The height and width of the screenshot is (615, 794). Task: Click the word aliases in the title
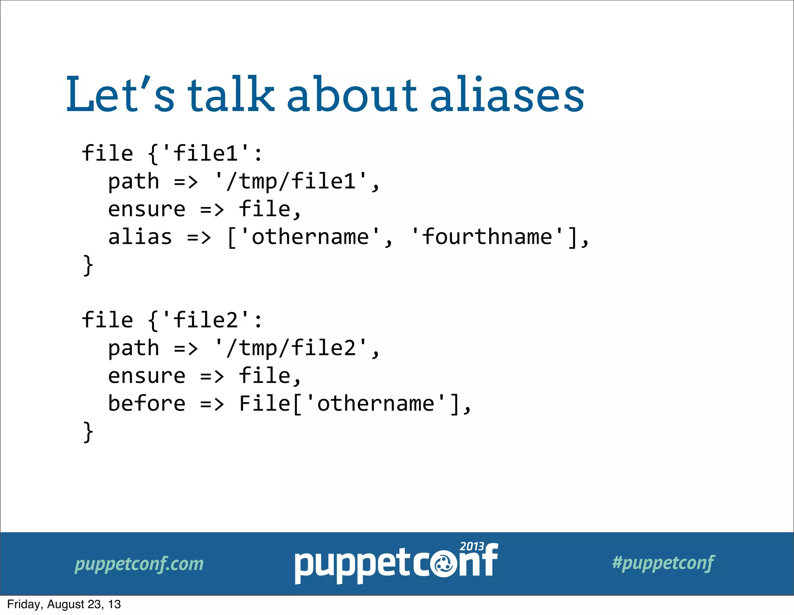507,95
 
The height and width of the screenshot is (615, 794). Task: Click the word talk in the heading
231,94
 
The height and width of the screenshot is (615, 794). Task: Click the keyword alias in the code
140,237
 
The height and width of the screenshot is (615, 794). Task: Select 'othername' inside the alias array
310,237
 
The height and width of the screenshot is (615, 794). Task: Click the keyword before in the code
147,403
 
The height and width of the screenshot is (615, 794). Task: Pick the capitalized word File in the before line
264,403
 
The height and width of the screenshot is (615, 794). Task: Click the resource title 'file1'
205,153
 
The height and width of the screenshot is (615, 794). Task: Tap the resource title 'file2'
205,320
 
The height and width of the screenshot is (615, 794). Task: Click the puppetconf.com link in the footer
139,564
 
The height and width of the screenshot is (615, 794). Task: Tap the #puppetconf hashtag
663,563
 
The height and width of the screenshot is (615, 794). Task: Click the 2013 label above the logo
471,546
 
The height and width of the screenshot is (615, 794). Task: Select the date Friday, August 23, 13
64,604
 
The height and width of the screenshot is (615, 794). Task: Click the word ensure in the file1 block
147,209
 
